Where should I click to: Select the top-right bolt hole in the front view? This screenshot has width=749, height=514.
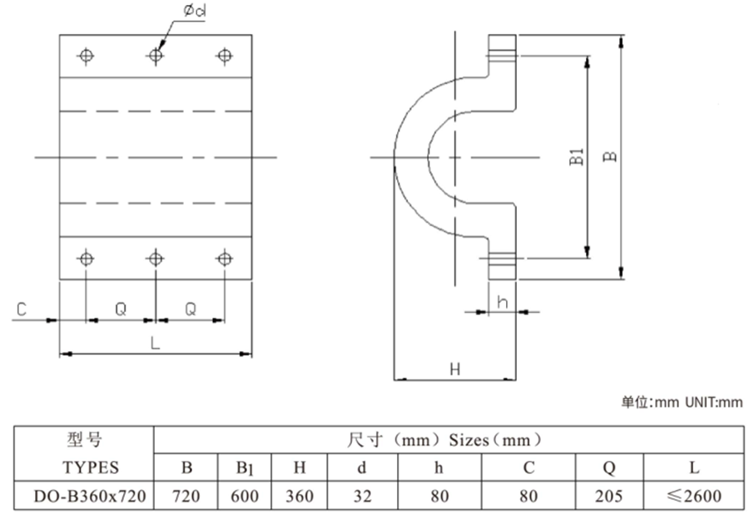(224, 56)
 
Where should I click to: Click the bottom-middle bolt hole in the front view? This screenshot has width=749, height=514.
(155, 258)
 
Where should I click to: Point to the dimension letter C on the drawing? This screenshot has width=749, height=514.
(22, 309)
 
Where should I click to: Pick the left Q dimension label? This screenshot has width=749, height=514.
(121, 309)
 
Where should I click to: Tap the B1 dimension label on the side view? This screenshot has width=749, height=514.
(577, 158)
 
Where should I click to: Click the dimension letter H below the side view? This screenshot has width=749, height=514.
(454, 368)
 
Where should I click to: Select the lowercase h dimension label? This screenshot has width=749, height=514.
(502, 303)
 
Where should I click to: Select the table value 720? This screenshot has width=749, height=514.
(186, 497)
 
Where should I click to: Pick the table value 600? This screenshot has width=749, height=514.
(243, 497)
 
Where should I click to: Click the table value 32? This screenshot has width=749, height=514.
(361, 497)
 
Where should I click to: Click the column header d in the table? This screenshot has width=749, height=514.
(361, 467)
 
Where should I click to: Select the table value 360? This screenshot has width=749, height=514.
(300, 497)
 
